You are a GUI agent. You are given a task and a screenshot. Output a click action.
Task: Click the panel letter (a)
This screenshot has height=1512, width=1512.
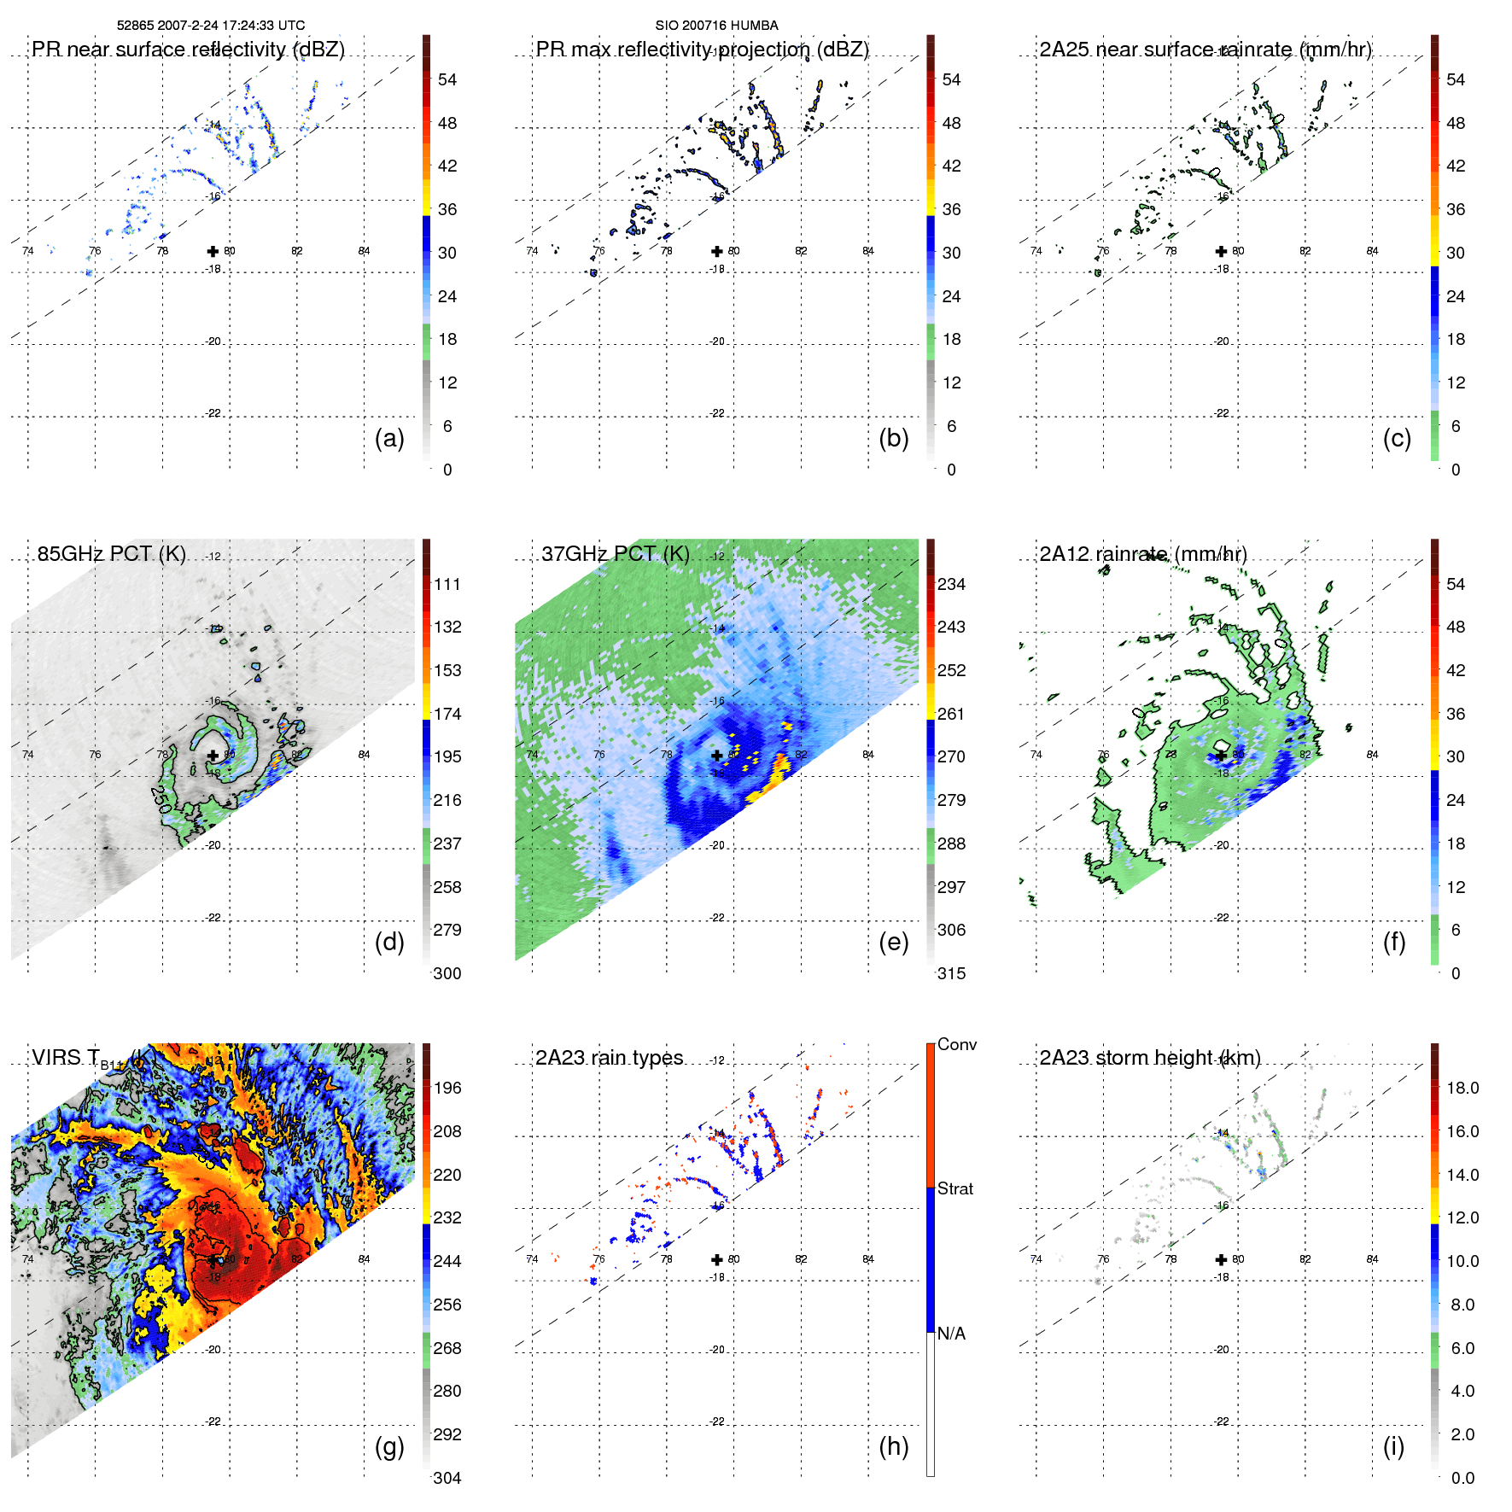[389, 439]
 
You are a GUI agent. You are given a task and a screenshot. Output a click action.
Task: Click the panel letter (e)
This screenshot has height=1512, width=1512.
[893, 943]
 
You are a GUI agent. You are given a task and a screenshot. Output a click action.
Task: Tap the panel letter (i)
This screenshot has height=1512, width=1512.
[1393, 1447]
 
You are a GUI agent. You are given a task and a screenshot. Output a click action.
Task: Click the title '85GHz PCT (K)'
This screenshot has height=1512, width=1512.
[112, 553]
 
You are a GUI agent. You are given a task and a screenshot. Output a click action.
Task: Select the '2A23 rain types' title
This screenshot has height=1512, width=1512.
[609, 1058]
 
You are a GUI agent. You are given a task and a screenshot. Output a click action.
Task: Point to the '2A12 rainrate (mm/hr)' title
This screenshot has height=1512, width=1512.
[1142, 553]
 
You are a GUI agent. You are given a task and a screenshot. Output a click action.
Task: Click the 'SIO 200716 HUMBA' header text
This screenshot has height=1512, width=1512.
[716, 26]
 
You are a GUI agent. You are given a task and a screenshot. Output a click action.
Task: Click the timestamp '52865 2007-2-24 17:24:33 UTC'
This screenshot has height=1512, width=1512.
[211, 26]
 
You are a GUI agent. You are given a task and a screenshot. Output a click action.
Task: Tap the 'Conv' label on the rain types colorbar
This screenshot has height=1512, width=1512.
[957, 1044]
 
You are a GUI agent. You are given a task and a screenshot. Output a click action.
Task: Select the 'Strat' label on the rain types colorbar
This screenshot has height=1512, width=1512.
[955, 1188]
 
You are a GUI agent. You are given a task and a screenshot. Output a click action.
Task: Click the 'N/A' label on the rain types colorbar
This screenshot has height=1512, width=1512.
[951, 1334]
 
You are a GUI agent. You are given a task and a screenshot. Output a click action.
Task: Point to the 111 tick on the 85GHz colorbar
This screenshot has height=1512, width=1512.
[447, 584]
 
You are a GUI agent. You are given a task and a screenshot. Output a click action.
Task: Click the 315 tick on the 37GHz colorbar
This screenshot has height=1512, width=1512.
[951, 973]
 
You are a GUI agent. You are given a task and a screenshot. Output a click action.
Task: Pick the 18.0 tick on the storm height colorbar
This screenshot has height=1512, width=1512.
[1462, 1088]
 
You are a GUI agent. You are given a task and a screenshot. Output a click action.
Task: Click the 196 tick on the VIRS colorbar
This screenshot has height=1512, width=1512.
[447, 1088]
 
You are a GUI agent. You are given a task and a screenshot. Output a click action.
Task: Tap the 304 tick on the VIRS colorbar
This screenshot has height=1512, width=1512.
[447, 1478]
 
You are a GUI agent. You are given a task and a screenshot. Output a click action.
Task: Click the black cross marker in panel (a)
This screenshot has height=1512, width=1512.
[213, 251]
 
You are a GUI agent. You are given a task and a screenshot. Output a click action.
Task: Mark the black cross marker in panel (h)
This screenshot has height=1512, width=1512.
[717, 1259]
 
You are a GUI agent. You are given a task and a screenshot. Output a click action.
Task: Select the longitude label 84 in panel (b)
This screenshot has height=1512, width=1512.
[868, 251]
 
